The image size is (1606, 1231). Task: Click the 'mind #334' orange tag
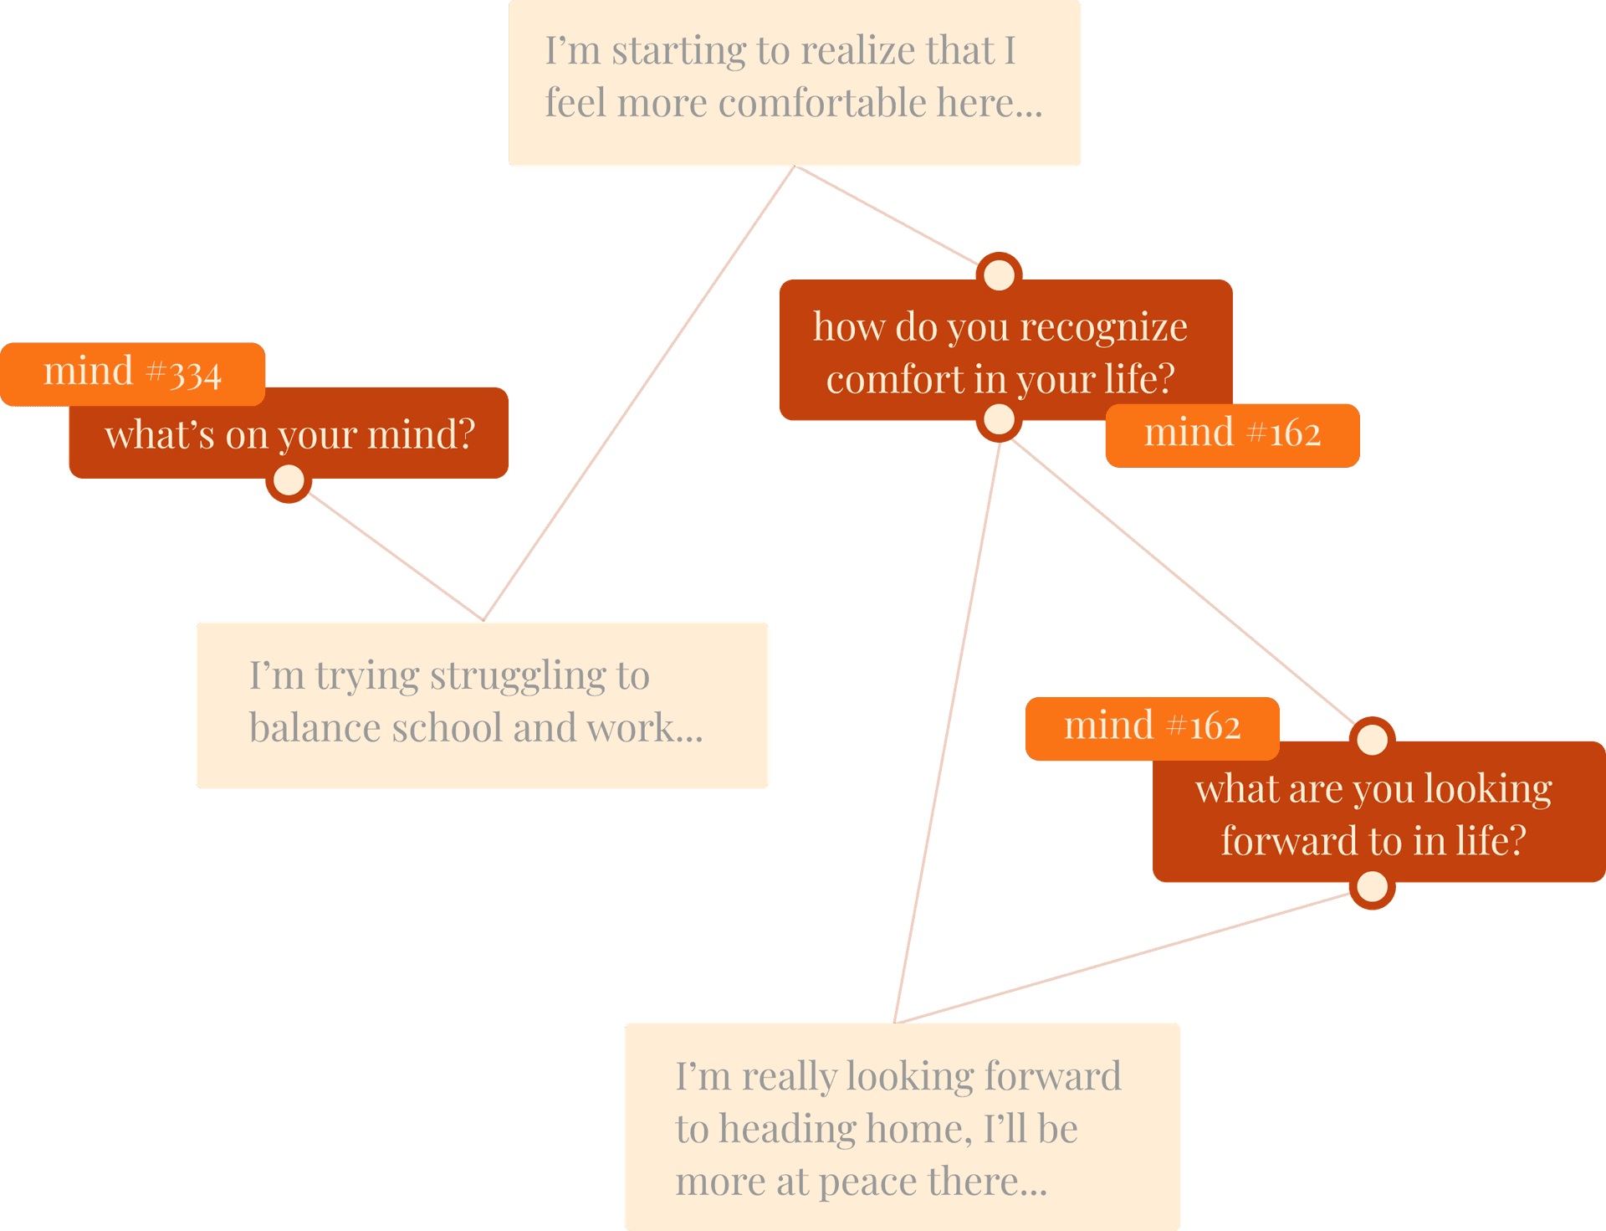(132, 373)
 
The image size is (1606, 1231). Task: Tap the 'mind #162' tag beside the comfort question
(1232, 435)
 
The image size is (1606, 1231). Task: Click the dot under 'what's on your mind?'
(289, 480)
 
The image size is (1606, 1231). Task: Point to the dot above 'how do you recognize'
(999, 274)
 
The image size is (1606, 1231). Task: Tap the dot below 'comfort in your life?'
(999, 419)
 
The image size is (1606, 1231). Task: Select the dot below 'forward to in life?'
(1372, 886)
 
